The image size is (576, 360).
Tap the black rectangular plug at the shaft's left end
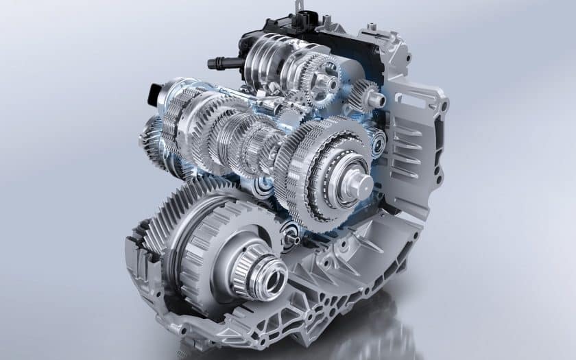click(153, 94)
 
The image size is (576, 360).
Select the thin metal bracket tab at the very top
click(299, 8)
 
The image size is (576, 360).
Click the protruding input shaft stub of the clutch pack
click(359, 184)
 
